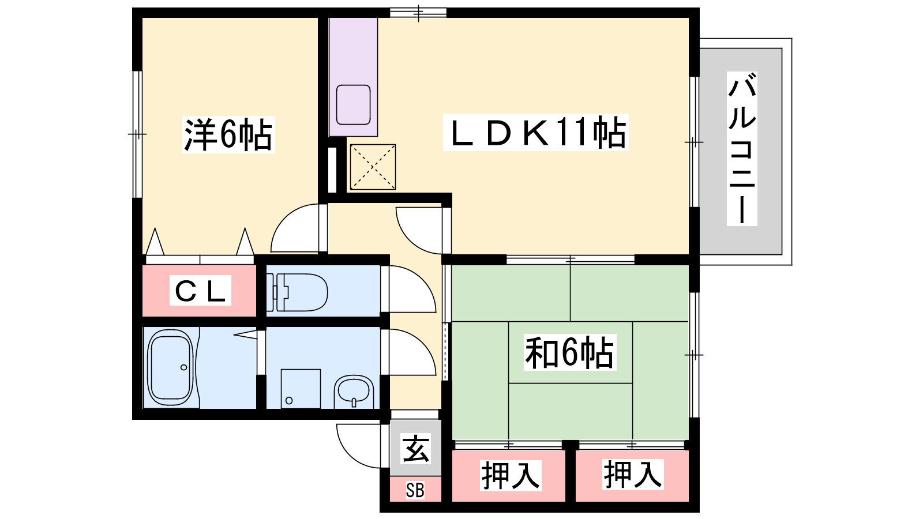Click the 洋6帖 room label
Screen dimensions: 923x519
(x=228, y=135)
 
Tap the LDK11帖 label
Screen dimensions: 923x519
(x=536, y=132)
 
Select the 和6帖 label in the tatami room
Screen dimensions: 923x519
(x=570, y=352)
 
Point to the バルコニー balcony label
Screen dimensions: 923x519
(x=742, y=149)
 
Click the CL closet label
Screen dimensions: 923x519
(x=200, y=291)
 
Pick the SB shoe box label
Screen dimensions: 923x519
(x=415, y=490)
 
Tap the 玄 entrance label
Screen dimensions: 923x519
(x=416, y=449)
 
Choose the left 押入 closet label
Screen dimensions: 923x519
(x=510, y=476)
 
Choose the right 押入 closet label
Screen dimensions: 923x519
(x=632, y=475)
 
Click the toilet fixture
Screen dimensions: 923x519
(x=297, y=292)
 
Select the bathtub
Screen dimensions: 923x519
(x=170, y=367)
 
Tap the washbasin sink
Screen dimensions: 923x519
(x=354, y=392)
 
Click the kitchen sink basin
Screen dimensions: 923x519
(x=353, y=104)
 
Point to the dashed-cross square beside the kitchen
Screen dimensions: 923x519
(x=373, y=167)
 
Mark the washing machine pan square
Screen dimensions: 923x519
(x=301, y=389)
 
